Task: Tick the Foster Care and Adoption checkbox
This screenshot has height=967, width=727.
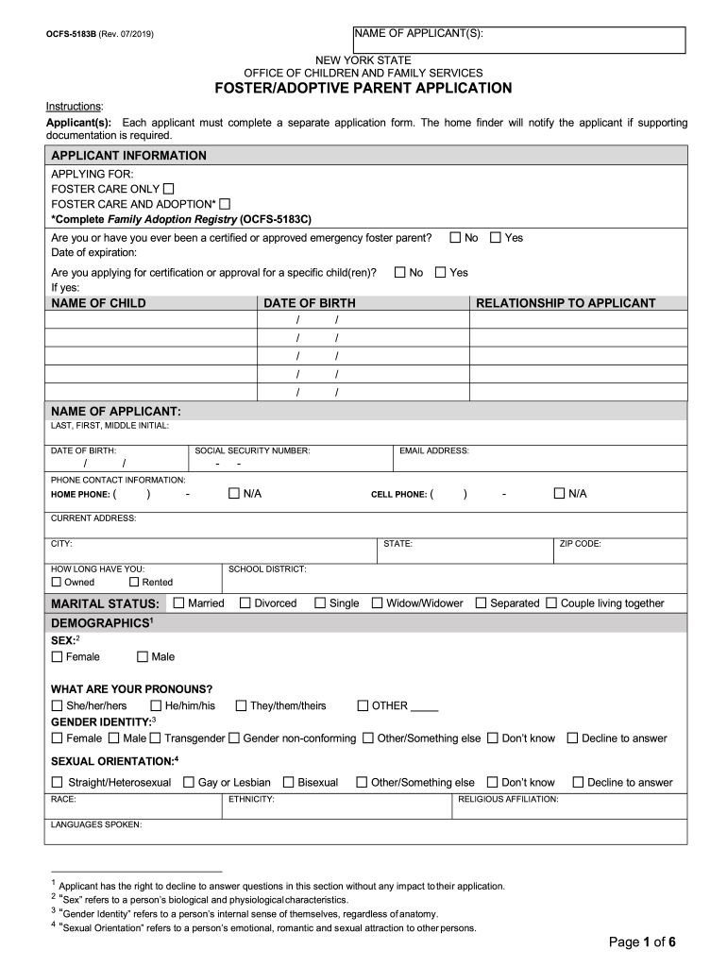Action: point(225,204)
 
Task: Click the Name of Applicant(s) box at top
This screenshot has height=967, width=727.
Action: point(519,41)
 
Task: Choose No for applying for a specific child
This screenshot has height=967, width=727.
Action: point(399,273)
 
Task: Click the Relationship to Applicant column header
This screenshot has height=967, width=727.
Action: point(566,303)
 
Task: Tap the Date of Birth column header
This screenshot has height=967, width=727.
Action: point(310,303)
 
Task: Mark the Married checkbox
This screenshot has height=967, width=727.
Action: point(179,602)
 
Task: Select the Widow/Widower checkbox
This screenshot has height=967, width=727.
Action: point(378,602)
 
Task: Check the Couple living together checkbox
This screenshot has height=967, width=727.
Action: point(551,602)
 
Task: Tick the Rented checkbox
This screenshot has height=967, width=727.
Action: point(133,583)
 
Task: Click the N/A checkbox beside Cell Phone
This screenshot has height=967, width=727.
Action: point(559,494)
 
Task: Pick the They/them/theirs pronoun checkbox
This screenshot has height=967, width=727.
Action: point(241,705)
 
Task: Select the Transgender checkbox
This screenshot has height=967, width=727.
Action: point(157,738)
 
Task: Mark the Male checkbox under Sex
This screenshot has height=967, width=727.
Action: point(143,656)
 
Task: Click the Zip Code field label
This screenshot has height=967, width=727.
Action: point(581,544)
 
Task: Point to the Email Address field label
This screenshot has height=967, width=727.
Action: point(433,451)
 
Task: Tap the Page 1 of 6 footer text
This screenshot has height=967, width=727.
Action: point(642,942)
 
